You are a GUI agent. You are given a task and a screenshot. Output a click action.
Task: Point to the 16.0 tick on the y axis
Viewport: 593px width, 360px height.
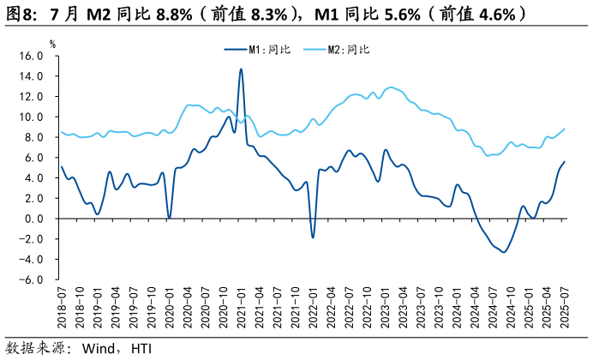[x=32, y=56]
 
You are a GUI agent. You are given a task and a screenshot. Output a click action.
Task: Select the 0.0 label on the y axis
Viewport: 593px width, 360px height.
[x=34, y=219]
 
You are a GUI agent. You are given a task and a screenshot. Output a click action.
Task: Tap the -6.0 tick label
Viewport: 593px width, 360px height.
[x=33, y=279]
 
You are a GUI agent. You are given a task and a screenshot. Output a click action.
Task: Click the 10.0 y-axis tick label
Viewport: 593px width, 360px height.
[x=32, y=117]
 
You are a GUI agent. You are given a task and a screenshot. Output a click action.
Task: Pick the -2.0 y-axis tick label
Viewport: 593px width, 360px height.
[x=33, y=239]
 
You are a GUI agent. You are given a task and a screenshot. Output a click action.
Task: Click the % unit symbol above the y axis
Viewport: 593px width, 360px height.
[x=52, y=44]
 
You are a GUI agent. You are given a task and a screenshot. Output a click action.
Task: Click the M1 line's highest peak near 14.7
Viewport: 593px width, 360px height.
[x=241, y=69]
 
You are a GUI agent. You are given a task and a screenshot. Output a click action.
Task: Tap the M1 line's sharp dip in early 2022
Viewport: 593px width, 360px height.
[x=313, y=237]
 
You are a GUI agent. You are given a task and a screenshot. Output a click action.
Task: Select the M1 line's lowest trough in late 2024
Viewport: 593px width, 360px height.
[x=504, y=251]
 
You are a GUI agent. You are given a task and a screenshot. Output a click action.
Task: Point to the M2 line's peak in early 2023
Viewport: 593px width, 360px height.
[x=391, y=87]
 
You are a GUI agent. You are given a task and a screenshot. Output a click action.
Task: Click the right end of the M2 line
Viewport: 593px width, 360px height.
[x=564, y=129]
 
